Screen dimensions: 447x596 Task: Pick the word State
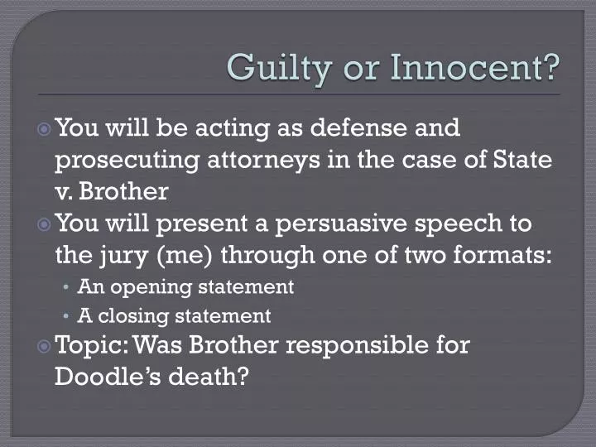tap(523, 160)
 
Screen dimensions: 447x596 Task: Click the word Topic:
tap(90, 345)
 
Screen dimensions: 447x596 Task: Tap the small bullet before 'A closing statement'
tap(67, 316)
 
